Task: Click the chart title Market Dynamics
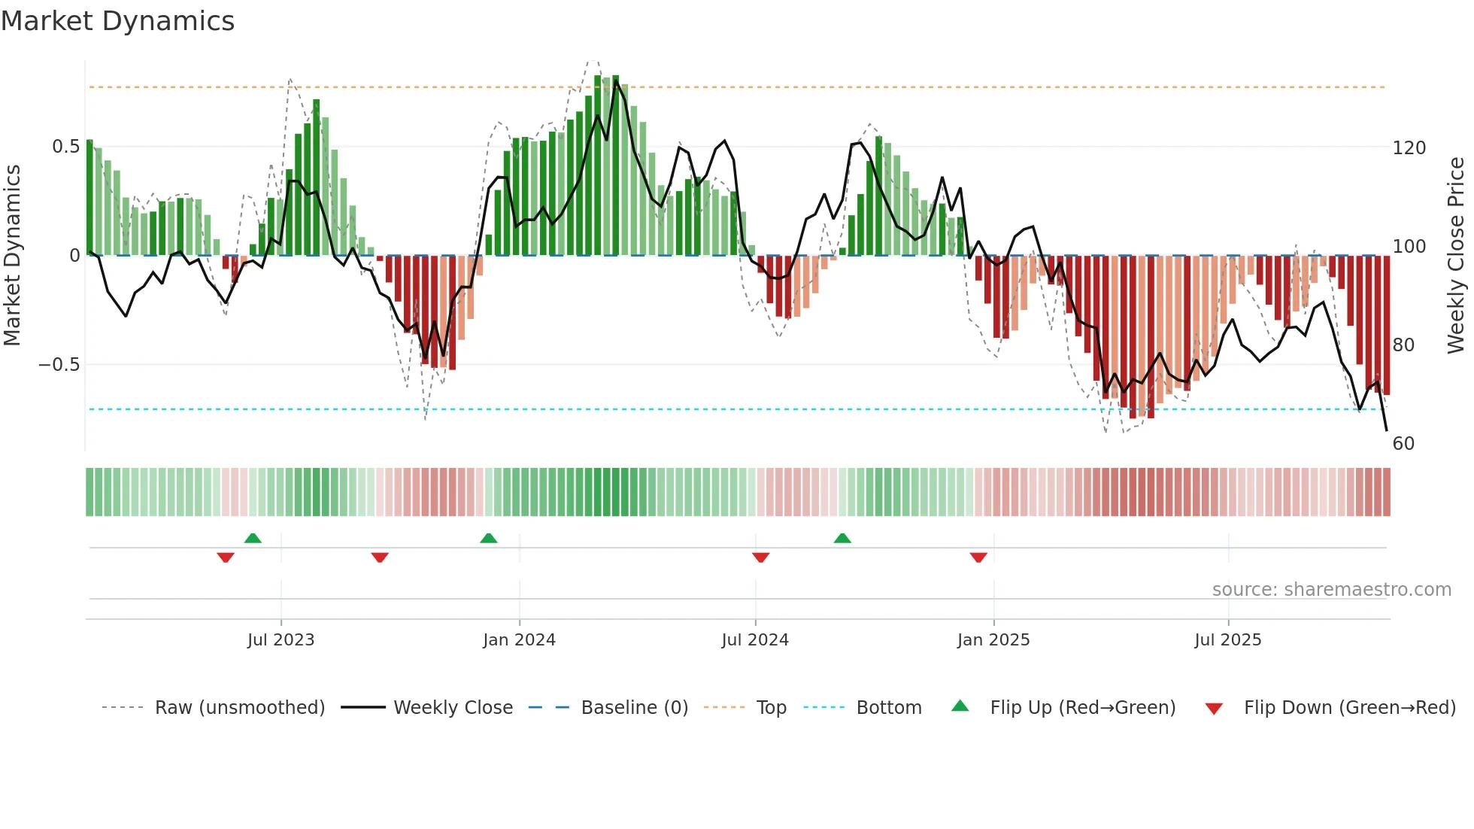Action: click(117, 21)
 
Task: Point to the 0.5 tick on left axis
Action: click(65, 147)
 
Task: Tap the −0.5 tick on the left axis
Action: click(59, 365)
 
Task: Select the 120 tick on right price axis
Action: click(1409, 148)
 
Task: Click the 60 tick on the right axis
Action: click(1403, 444)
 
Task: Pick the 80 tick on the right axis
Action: click(1403, 345)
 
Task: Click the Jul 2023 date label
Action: click(281, 640)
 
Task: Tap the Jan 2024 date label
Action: click(519, 640)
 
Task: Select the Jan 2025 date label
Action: click(993, 640)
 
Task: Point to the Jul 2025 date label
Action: click(1227, 640)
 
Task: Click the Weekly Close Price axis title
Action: click(1456, 256)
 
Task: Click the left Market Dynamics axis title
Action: click(12, 256)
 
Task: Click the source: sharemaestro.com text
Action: click(1331, 590)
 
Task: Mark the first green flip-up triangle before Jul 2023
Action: click(253, 539)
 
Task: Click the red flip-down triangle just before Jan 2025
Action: click(978, 557)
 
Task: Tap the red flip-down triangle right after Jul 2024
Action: click(760, 557)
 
